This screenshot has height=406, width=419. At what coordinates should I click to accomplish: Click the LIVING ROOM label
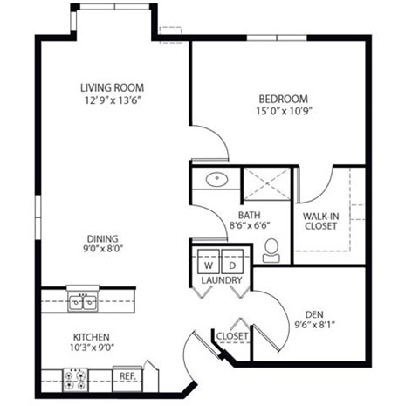112,88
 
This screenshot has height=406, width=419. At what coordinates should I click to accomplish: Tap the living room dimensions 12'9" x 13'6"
112,101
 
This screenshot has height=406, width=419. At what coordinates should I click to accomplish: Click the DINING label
102,238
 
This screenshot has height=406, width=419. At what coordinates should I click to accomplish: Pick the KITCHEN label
91,336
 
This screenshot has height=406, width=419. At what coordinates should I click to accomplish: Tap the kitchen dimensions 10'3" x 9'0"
91,348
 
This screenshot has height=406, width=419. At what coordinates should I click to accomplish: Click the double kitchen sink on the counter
84,302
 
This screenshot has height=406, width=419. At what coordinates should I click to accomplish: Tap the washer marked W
209,263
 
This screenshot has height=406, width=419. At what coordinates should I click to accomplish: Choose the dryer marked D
232,263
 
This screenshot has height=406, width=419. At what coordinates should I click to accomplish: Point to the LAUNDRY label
220,280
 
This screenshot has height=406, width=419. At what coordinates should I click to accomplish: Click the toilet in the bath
272,250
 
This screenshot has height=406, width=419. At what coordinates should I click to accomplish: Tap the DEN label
315,315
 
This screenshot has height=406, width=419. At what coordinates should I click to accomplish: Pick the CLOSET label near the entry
233,336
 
